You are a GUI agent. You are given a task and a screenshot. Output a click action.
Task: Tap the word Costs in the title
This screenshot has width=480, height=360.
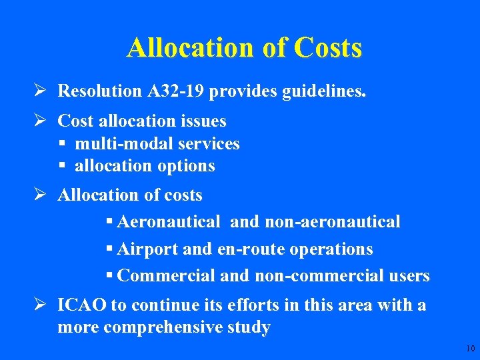click(x=327, y=48)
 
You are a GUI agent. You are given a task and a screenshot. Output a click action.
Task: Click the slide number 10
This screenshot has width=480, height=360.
click(x=471, y=349)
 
